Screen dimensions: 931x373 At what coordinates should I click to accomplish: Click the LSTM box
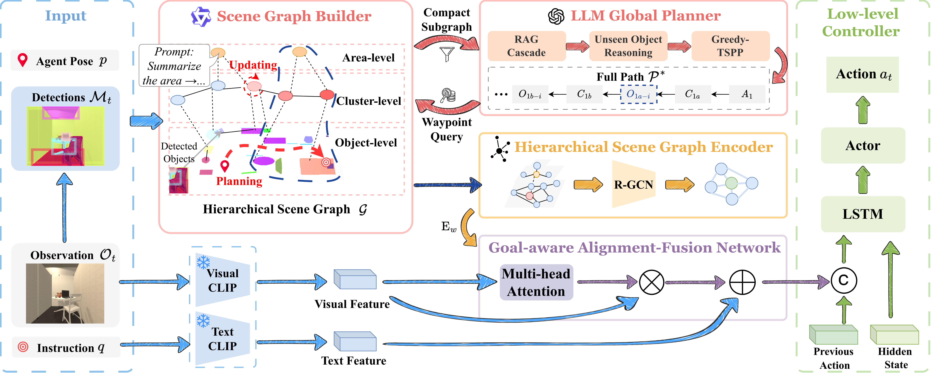(863, 214)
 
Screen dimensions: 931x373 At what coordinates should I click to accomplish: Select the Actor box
(863, 146)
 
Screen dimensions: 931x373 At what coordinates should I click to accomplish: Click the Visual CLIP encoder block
(222, 280)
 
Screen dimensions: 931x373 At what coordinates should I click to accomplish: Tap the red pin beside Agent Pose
(23, 60)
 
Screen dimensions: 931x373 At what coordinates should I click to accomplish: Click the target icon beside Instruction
(23, 347)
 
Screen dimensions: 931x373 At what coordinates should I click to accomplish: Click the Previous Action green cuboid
(833, 335)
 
